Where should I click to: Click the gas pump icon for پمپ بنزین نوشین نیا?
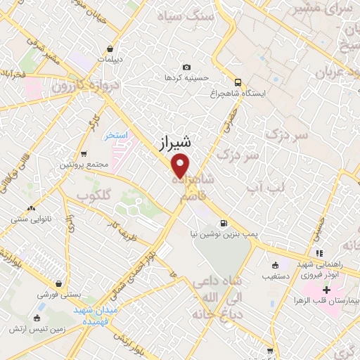point(224,224)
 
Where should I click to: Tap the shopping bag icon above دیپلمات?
point(111,48)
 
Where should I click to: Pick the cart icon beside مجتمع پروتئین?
point(84,153)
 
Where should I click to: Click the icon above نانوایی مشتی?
point(31,208)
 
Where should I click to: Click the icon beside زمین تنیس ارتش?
point(12,328)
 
